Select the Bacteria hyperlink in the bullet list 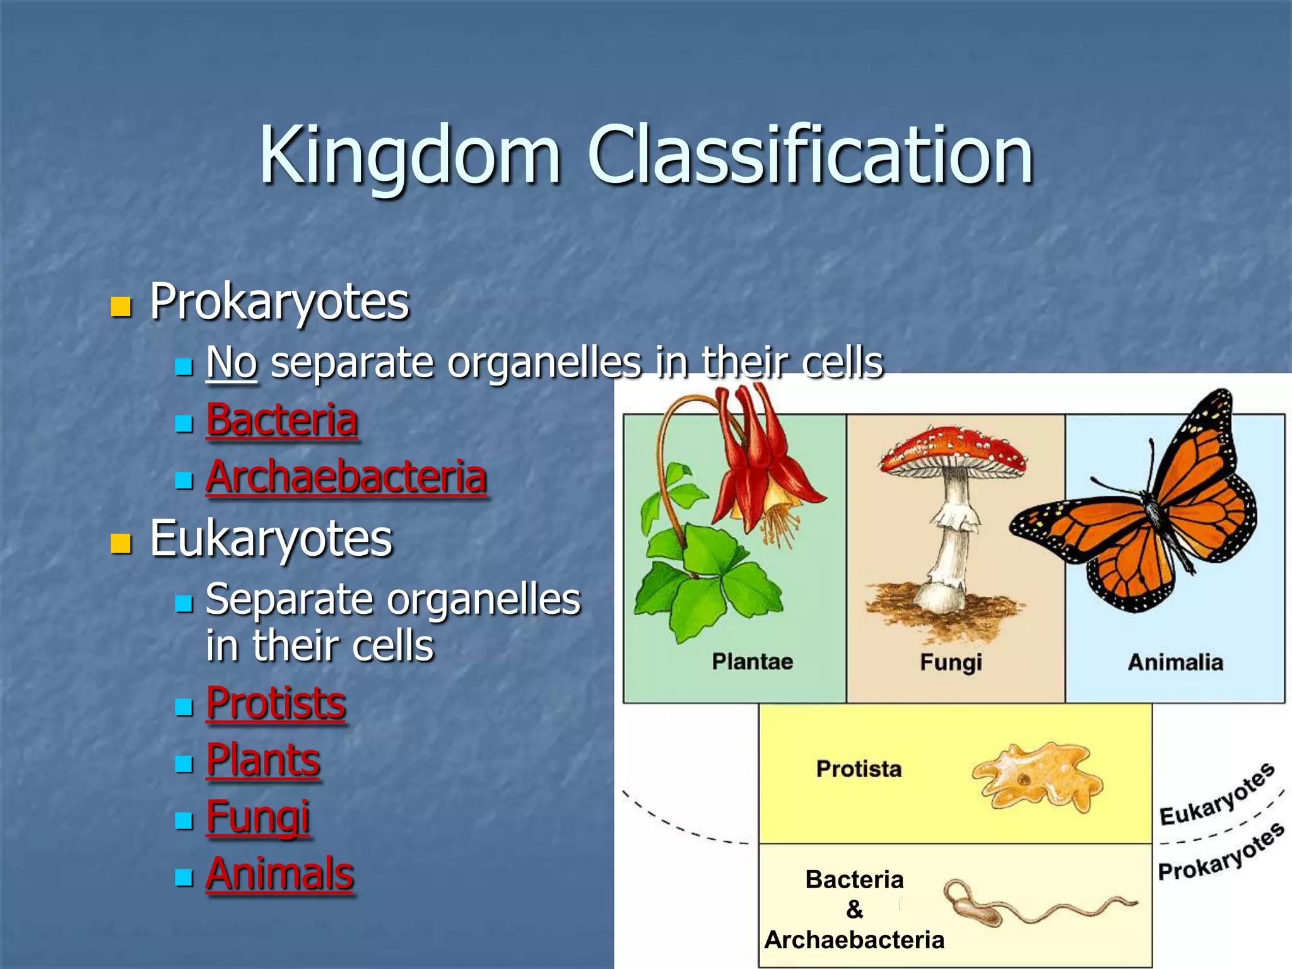point(282,420)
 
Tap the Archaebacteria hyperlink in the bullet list point(346,477)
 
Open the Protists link point(276,703)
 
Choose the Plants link point(263,760)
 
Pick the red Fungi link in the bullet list point(258,817)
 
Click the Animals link point(279,874)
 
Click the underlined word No point(232,363)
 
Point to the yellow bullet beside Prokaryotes point(120,307)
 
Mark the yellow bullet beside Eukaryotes point(120,543)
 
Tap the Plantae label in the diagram point(752,661)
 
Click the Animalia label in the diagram point(1175,662)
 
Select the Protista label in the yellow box point(859,768)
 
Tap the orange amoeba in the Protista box point(1038,777)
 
